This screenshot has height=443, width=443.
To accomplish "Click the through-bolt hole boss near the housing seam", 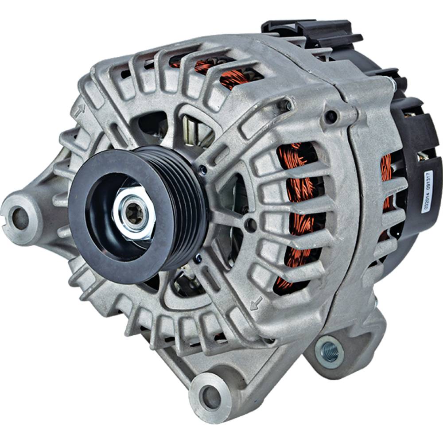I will point(331,117).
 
